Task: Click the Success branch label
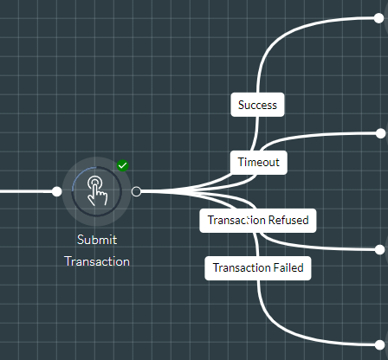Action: tap(257, 105)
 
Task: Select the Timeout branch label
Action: tap(259, 163)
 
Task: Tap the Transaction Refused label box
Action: tap(258, 221)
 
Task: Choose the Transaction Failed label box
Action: tap(258, 268)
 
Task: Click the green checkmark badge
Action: tap(123, 165)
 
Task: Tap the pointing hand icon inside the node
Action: tap(97, 191)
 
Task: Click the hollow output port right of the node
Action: tap(136, 191)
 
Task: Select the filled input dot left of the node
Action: tap(57, 191)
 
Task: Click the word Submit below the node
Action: tap(97, 240)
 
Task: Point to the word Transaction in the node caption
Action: tap(97, 261)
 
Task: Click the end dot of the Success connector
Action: tap(378, 18)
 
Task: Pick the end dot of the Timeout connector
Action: tap(380, 133)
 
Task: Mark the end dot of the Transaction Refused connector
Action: tap(379, 249)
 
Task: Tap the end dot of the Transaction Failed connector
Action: tap(379, 344)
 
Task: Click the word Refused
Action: tap(288, 220)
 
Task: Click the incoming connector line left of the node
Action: tap(26, 191)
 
